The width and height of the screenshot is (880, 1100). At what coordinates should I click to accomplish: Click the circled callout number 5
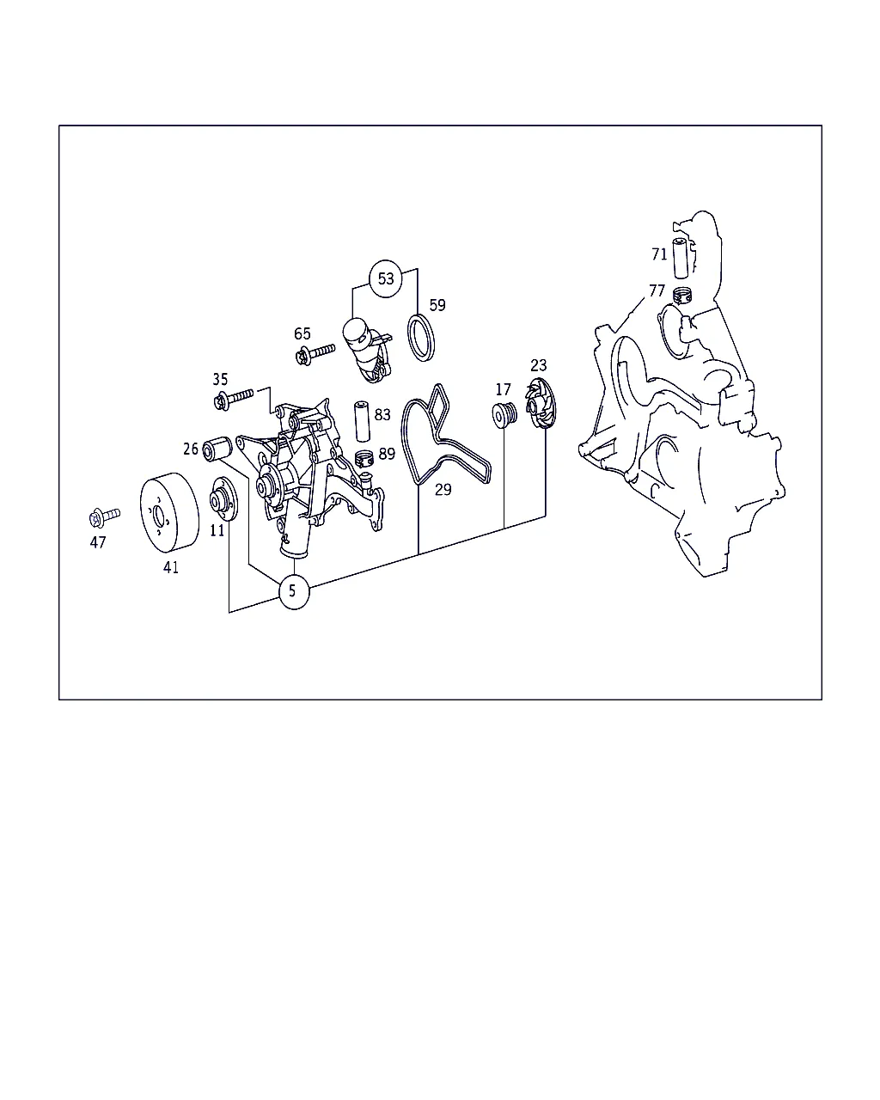[294, 591]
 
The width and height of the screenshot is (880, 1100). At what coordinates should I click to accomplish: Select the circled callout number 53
[386, 278]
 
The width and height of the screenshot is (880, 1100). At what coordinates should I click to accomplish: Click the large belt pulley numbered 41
[170, 512]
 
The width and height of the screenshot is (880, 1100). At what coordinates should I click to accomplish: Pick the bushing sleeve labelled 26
[217, 449]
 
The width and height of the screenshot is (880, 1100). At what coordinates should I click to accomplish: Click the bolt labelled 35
[234, 398]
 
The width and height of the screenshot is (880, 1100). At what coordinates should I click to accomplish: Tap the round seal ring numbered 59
[421, 338]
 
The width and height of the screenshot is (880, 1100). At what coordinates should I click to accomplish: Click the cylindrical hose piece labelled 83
[362, 421]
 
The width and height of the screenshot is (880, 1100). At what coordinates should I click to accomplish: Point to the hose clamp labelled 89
[364, 458]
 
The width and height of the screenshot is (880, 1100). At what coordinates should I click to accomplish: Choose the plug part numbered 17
[504, 414]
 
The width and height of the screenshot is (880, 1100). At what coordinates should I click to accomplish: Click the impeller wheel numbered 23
[540, 403]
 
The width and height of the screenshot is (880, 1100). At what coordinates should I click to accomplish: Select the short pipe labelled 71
[681, 258]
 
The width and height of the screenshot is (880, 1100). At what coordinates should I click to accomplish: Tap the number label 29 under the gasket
[443, 490]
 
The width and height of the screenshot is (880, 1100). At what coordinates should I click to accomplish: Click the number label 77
[657, 290]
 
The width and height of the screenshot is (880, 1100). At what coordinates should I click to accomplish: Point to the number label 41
[171, 567]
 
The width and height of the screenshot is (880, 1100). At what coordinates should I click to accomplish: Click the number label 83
[382, 414]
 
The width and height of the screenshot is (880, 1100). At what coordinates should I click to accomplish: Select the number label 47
[98, 542]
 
